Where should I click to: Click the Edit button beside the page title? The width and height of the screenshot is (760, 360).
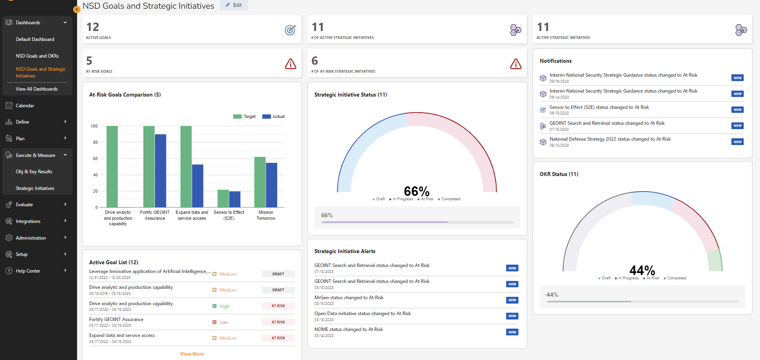234,5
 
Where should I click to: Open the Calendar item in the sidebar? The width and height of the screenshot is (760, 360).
25,106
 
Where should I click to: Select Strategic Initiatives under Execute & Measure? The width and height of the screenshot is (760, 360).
35,188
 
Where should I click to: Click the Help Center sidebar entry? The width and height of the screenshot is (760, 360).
28,271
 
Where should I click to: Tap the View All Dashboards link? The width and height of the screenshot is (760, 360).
37,89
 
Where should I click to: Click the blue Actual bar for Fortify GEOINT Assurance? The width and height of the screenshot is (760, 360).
161,171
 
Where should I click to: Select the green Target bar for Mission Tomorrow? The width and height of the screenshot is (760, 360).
260,182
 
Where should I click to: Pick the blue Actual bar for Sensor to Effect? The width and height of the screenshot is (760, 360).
235,199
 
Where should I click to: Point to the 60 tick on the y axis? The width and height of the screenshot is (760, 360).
95,159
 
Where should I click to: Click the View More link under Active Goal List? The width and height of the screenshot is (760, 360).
192,354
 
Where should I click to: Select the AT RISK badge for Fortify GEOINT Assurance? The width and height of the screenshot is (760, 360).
278,322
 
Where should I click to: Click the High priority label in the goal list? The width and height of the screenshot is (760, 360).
224,306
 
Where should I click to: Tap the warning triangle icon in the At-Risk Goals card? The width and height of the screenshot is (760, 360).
290,64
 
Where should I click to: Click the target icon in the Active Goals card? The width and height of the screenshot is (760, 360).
290,30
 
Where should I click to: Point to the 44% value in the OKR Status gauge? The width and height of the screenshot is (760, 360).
642,270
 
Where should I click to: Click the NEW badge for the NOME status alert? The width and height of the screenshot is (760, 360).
512,332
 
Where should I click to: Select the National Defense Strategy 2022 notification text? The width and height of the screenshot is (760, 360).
610,139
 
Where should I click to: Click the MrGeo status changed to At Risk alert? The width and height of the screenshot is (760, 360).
349,298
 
